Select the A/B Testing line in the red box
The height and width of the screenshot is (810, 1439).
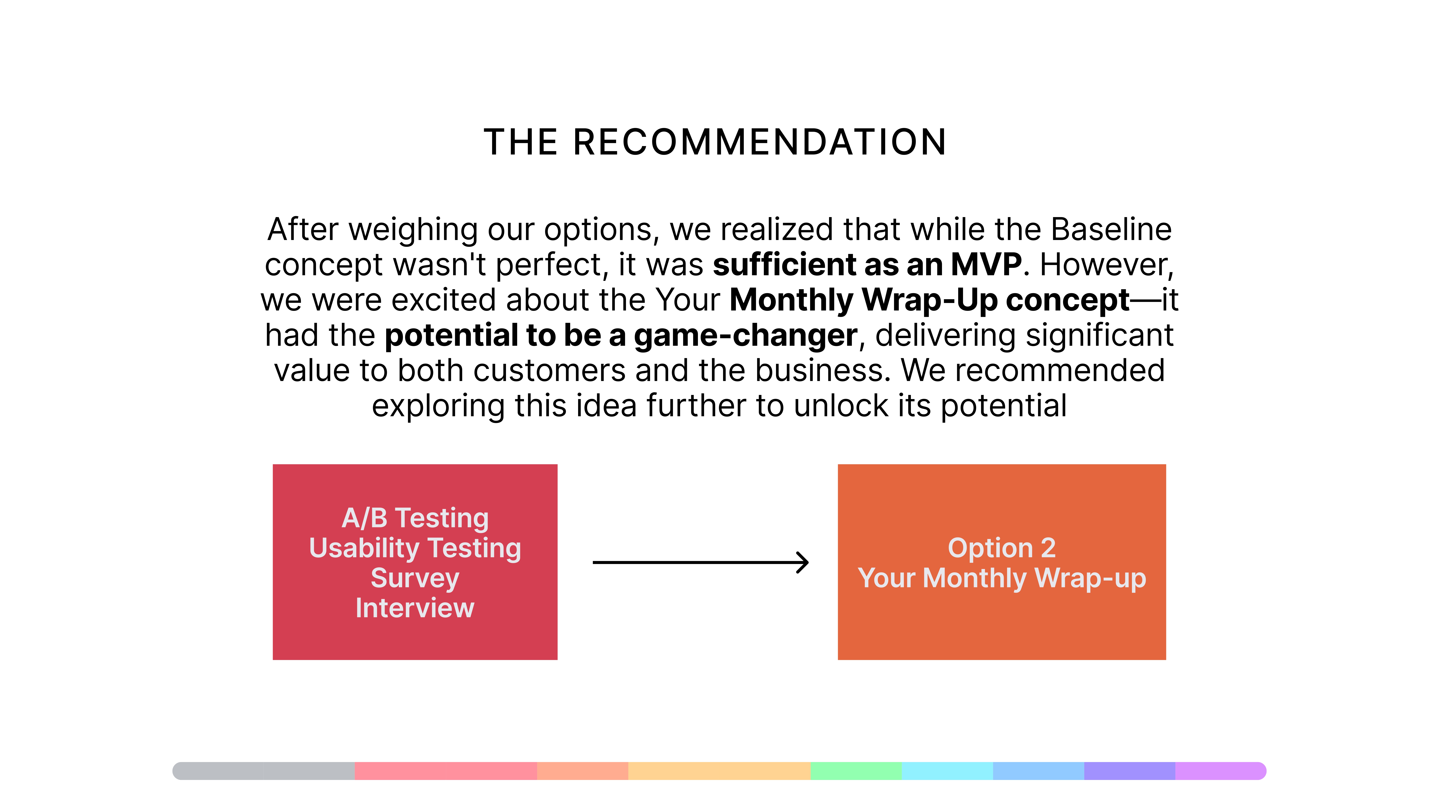tap(415, 518)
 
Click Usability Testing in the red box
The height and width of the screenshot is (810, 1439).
tap(415, 548)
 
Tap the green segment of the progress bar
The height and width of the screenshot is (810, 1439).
tap(856, 771)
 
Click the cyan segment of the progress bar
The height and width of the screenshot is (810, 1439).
tap(947, 771)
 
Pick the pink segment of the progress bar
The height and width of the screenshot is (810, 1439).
tap(446, 771)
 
